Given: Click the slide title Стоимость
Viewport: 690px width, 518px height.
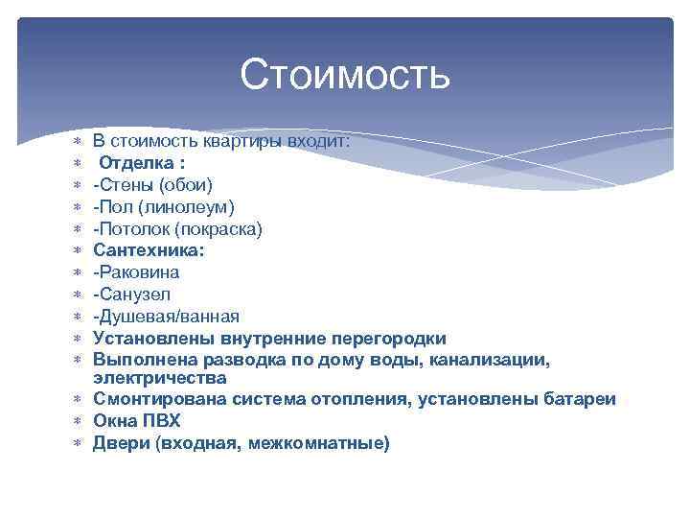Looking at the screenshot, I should (x=345, y=75).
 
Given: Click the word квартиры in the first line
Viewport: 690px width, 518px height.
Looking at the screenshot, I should (x=233, y=140).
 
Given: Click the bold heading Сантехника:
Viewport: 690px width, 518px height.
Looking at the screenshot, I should (x=149, y=250).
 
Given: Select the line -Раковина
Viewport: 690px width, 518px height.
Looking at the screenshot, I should (x=136, y=272).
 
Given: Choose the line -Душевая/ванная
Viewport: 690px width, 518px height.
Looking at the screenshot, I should (x=166, y=317).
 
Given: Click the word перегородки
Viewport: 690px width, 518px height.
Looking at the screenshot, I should (x=389, y=339).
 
